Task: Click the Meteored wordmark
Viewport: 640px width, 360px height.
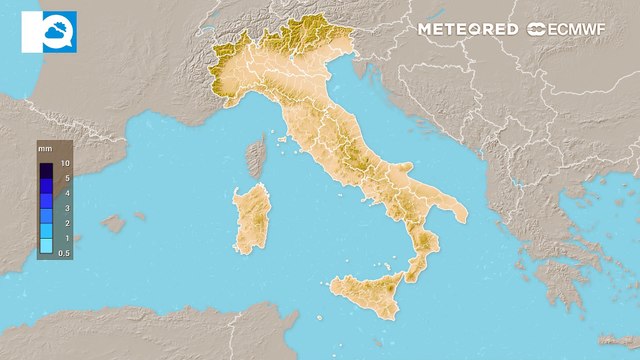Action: click(x=468, y=29)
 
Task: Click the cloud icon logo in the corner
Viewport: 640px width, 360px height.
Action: click(x=47, y=31)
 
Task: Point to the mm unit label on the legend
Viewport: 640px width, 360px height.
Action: click(x=45, y=149)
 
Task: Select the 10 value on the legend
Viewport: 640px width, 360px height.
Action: click(x=65, y=163)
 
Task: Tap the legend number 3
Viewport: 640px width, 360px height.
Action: click(x=65, y=208)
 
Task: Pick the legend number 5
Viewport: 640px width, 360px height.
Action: click(x=65, y=178)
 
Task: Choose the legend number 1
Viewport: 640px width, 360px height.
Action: click(x=65, y=238)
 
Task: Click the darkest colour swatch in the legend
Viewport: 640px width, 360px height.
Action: click(x=46, y=170)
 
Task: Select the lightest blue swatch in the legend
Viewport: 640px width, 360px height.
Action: click(x=46, y=246)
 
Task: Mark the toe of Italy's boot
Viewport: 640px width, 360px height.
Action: click(x=413, y=267)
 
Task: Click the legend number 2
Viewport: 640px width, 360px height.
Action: click(x=65, y=223)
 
